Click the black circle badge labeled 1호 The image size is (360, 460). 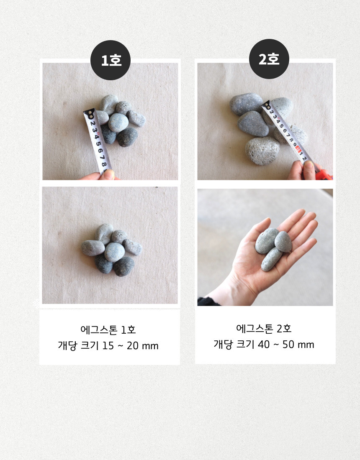point(111,60)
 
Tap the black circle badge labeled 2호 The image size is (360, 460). point(269,59)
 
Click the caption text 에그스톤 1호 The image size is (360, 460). point(108,330)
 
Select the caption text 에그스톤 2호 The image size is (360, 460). point(264,328)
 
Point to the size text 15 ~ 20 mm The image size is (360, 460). point(130,345)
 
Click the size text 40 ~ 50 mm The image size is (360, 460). point(286,345)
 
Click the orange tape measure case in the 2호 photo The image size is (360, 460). point(324,174)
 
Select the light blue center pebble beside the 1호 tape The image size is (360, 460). point(118,123)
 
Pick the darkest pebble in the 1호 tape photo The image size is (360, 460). point(127,137)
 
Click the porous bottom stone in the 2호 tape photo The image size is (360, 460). point(262,151)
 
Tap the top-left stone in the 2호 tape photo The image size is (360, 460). point(246,104)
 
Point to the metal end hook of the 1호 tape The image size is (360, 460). point(89,113)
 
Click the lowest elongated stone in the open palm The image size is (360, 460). point(271,259)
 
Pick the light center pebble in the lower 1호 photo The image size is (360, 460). point(115,252)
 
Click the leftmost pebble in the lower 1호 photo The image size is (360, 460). point(93,248)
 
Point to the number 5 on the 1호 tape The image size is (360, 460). point(98,144)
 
